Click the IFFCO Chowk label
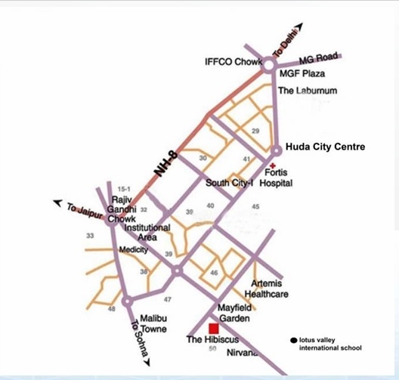232,62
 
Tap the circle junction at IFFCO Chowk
271,66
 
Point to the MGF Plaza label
298,74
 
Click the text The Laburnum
307,91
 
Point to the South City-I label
230,183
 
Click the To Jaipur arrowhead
57,202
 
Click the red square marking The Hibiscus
214,329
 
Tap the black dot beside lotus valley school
293,340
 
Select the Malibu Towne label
154,323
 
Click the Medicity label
133,249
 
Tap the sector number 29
255,131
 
